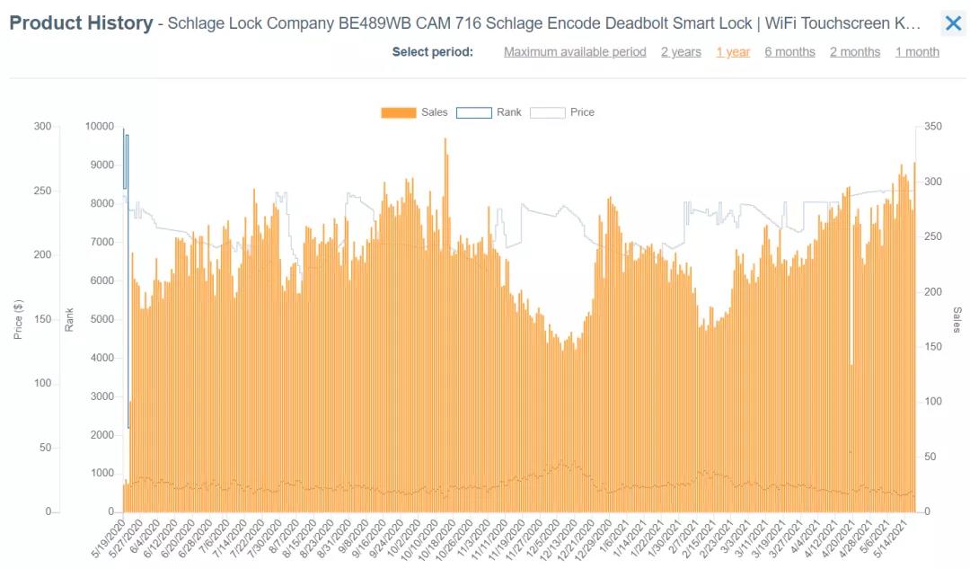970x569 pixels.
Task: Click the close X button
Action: click(x=953, y=23)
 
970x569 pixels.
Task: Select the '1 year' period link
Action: click(x=733, y=52)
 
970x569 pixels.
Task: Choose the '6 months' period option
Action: click(x=789, y=52)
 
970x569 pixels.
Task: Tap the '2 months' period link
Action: click(x=855, y=52)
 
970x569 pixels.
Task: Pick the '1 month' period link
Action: click(x=917, y=52)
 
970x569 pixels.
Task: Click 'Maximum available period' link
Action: click(x=575, y=52)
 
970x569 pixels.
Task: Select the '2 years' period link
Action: click(x=681, y=52)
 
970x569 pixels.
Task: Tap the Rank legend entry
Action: click(x=489, y=112)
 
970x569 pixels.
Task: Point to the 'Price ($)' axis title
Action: click(x=18, y=319)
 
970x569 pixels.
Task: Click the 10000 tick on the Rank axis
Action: click(x=100, y=127)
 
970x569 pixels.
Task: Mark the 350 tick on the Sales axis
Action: click(x=933, y=127)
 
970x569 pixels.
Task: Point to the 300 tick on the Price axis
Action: click(x=42, y=127)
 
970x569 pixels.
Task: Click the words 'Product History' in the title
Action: click(x=81, y=23)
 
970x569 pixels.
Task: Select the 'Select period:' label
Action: click(x=432, y=52)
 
